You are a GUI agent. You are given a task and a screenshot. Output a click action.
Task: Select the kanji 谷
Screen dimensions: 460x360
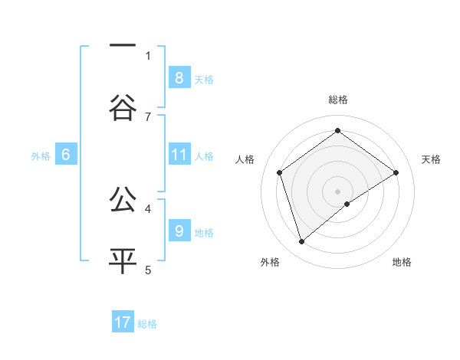123,108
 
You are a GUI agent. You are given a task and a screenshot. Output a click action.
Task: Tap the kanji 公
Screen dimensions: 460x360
123,200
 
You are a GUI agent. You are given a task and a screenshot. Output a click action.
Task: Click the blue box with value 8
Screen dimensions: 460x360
179,77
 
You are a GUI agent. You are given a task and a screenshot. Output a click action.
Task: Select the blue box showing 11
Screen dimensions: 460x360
179,155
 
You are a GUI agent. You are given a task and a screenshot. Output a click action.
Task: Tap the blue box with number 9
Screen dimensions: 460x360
179,231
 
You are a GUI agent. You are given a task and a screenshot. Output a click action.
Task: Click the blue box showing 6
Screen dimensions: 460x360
66,155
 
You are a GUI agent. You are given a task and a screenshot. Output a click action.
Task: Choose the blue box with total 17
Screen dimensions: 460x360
123,322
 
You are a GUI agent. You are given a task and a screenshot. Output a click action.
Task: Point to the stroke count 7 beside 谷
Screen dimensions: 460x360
148,116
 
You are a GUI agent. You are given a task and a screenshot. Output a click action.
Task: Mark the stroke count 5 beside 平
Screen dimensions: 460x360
148,270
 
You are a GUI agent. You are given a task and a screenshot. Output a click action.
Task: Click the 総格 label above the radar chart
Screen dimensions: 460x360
338,100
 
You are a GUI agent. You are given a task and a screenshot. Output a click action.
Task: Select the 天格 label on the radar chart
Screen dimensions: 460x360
432,159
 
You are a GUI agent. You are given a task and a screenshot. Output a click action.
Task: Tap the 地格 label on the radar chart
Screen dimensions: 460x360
402,262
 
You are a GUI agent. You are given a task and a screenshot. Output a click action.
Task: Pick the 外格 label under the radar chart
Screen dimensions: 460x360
270,262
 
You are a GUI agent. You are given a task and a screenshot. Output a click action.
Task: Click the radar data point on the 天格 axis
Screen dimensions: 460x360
396,172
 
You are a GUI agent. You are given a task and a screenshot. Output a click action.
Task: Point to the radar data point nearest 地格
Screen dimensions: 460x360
347,204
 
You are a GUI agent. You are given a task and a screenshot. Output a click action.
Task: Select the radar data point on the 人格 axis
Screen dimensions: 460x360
280,172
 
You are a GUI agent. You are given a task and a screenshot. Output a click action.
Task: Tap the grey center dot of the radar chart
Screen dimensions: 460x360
338,190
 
